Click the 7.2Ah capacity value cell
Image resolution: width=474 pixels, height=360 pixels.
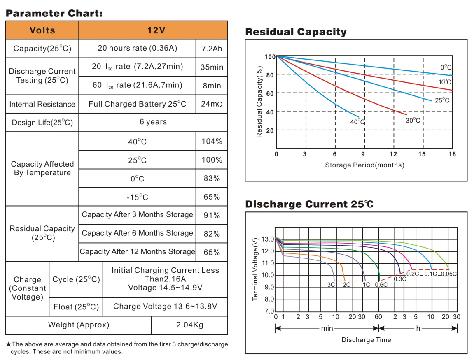(212, 49)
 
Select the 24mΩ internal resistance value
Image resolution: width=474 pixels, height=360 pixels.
(212, 104)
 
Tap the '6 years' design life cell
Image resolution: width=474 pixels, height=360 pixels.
(153, 122)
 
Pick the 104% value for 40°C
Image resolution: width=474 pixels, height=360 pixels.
(212, 142)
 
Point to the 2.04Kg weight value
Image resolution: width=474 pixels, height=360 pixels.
(189, 325)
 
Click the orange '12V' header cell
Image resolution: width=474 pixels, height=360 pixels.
(153, 30)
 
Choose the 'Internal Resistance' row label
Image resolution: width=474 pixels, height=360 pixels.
(42, 104)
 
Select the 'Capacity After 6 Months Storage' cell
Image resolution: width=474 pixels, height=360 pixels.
(137, 233)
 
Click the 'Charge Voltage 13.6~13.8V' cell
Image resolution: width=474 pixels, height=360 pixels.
(165, 307)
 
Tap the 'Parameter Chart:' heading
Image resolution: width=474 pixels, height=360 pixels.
(54, 13)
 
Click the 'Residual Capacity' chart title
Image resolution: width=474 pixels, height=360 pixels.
(296, 32)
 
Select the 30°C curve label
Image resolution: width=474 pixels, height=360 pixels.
(413, 121)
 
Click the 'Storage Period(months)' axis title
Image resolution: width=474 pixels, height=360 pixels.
(364, 165)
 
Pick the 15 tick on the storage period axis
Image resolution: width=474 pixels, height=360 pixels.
(422, 154)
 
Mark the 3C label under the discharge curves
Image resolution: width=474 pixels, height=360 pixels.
(331, 284)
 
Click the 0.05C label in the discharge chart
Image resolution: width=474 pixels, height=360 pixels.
(449, 274)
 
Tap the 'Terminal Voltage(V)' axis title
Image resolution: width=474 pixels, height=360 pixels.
(255, 269)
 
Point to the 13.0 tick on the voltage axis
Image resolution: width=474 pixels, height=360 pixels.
(268, 239)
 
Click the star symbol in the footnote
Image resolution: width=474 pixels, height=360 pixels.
(8, 344)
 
